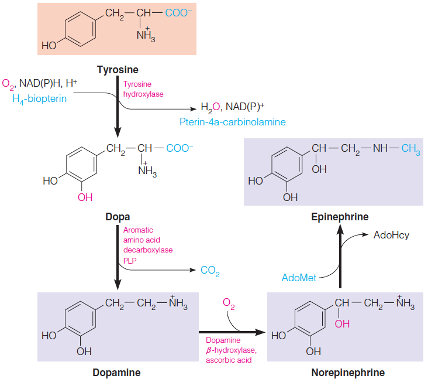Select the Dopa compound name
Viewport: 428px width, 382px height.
click(118, 217)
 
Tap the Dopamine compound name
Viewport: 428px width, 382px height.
click(116, 372)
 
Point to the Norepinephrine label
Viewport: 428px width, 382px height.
click(348, 372)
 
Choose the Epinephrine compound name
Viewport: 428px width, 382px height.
click(340, 217)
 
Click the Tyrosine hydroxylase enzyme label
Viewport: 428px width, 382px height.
click(143, 89)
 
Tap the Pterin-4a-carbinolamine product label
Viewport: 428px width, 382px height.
click(233, 122)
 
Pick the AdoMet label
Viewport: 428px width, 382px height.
click(299, 277)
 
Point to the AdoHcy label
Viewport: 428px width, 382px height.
click(391, 236)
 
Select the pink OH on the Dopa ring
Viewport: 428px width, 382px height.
click(85, 197)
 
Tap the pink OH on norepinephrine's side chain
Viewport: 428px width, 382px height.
click(342, 323)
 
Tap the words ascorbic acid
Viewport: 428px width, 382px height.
click(229, 360)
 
